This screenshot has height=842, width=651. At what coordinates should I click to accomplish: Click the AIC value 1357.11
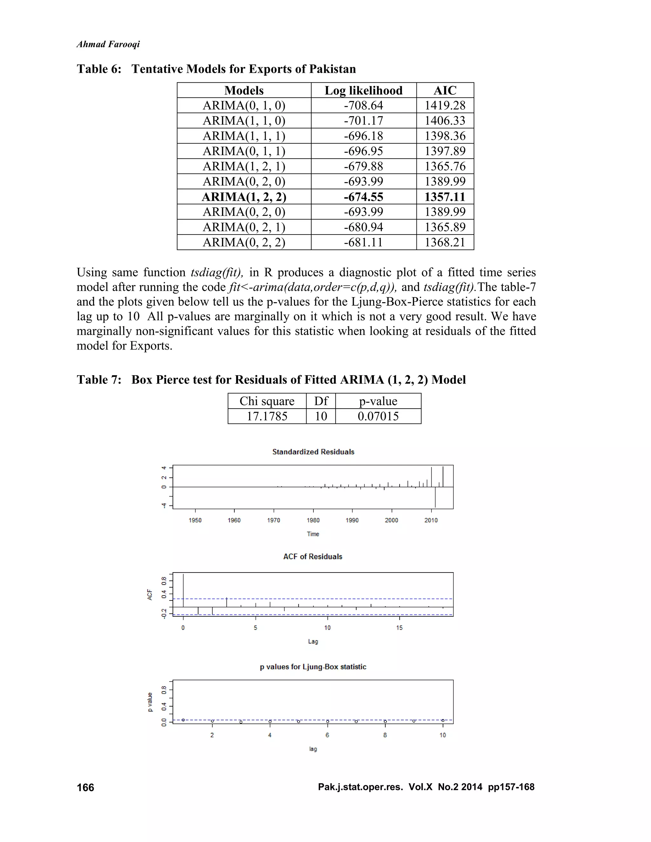(445, 197)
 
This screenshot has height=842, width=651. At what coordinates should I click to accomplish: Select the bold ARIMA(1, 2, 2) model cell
(244, 197)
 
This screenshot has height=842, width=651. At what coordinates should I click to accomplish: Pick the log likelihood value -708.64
(363, 105)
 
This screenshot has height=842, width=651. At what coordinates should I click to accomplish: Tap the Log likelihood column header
(363, 90)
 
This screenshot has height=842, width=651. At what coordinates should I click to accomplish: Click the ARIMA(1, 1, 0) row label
(244, 121)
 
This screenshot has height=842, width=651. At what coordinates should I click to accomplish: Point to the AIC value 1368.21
(445, 242)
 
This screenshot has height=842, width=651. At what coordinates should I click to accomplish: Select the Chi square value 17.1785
(267, 416)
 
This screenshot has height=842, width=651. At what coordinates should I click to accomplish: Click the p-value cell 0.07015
(378, 416)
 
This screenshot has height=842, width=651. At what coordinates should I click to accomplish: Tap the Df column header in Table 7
(321, 401)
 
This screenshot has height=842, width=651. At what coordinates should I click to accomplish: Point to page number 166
(85, 787)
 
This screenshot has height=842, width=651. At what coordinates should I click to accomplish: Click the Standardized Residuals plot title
(313, 452)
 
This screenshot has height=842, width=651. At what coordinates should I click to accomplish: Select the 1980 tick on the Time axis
(313, 520)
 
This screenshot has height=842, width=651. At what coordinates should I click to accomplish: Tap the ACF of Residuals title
(312, 556)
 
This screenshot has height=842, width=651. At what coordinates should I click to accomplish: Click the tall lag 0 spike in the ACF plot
(183, 590)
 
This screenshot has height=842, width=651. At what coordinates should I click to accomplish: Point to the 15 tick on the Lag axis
(399, 628)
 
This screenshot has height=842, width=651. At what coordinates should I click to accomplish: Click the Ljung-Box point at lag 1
(183, 720)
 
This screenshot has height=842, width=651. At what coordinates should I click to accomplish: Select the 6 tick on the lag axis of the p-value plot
(327, 735)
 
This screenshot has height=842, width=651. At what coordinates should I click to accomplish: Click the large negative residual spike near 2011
(435, 498)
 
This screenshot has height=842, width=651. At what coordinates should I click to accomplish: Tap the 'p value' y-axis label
(150, 702)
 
